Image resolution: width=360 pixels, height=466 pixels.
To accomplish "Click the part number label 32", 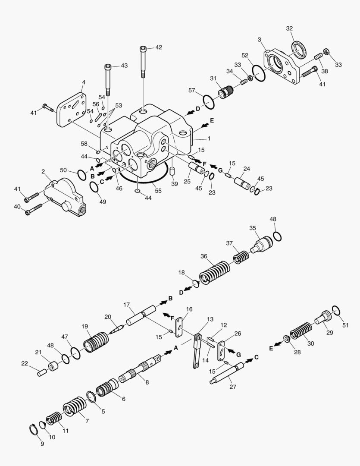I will coord(289,28).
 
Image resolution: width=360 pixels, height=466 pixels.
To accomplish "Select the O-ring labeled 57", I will coord(207,103).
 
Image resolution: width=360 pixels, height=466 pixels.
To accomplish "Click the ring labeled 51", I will coord(337,310).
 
